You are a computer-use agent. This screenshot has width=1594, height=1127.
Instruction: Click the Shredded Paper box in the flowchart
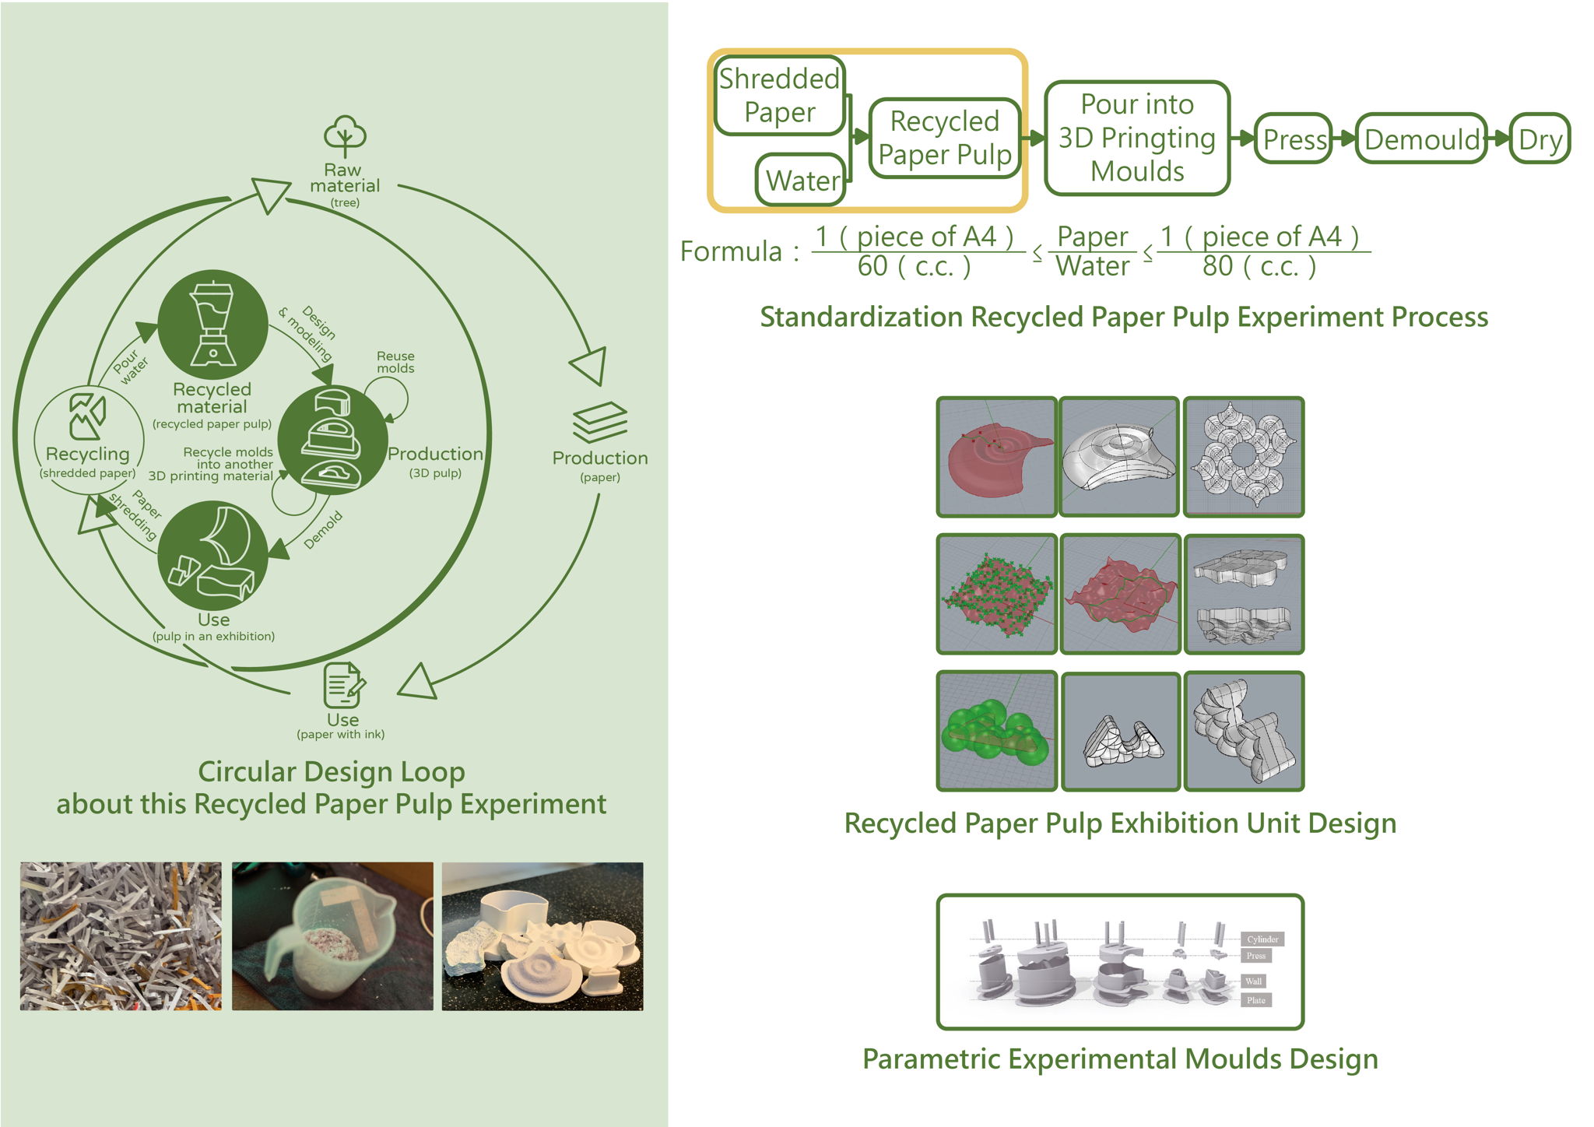[779, 95]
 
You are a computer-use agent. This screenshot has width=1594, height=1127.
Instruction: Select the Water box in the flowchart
[802, 181]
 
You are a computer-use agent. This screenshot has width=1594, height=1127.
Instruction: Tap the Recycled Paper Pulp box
[944, 138]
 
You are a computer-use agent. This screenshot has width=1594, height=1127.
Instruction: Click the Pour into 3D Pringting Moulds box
[1136, 138]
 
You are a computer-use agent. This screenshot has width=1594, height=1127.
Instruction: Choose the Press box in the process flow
[1294, 139]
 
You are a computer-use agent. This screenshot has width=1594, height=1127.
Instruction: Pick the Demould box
[1421, 139]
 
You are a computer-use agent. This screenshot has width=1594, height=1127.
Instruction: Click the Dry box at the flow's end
[1540, 139]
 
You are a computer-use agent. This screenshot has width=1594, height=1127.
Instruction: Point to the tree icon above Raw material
[345, 136]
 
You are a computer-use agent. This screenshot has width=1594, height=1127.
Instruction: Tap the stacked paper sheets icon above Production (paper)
[599, 422]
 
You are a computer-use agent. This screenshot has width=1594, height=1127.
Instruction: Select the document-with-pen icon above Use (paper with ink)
[343, 684]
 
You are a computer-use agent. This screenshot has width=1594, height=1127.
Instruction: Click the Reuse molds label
[395, 362]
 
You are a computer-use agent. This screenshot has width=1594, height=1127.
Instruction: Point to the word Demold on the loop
[322, 530]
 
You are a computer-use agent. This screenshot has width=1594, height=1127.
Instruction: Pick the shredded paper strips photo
[121, 936]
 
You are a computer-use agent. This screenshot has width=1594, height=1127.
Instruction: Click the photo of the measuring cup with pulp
[332, 936]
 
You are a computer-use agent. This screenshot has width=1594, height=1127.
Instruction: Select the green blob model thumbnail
[996, 732]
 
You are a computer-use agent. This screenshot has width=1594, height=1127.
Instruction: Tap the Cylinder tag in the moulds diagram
[1262, 939]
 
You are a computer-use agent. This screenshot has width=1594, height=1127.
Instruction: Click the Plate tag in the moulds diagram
[1255, 1000]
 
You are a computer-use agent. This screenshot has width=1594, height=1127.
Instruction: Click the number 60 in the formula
[872, 267]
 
